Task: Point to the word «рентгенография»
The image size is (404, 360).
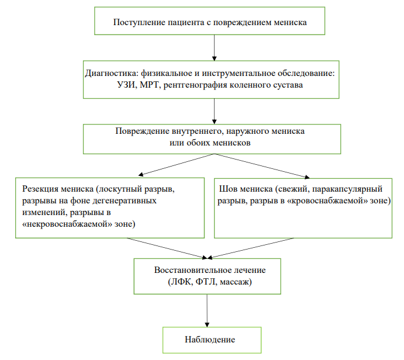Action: pyautogui.click(x=195, y=85)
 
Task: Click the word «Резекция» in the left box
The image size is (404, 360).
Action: pyautogui.click(x=40, y=189)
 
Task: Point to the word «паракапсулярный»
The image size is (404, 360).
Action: pyautogui.click(x=347, y=189)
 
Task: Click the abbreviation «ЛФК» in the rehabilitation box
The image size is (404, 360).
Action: pyautogui.click(x=181, y=282)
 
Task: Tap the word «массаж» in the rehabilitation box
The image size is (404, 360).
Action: pyautogui.click(x=236, y=282)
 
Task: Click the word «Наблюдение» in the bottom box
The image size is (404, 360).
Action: pyautogui.click(x=210, y=340)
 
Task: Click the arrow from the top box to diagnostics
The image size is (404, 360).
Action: pyautogui.click(x=214, y=48)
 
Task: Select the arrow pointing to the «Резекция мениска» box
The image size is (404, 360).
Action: pyautogui.click(x=176, y=165)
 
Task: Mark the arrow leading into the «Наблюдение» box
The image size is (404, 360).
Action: pyautogui.click(x=207, y=310)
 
